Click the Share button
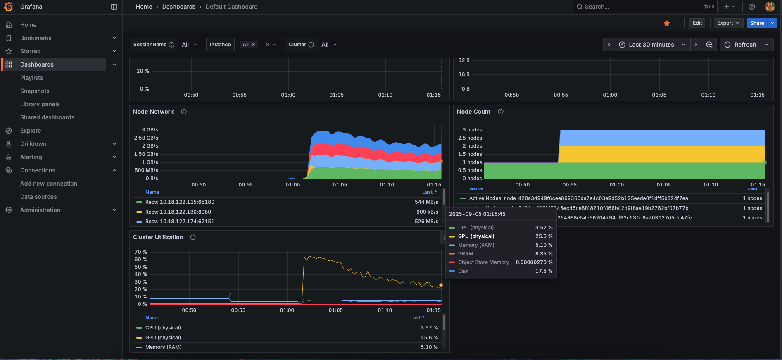(x=757, y=23)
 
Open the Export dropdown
(x=728, y=23)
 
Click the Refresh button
(x=741, y=45)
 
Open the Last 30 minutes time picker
(x=651, y=45)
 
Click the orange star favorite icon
(x=666, y=24)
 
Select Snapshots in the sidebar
(x=35, y=91)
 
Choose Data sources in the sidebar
(x=38, y=197)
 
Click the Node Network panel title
(x=153, y=112)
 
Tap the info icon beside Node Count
(x=500, y=112)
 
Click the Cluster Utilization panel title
(x=158, y=237)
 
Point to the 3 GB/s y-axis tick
(x=150, y=130)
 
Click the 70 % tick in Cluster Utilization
(x=141, y=252)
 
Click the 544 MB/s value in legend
(x=426, y=202)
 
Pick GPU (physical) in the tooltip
(x=476, y=236)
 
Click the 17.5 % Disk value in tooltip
(x=544, y=271)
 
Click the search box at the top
(x=640, y=7)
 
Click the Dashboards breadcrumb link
(x=179, y=7)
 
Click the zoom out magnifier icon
(x=709, y=45)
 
